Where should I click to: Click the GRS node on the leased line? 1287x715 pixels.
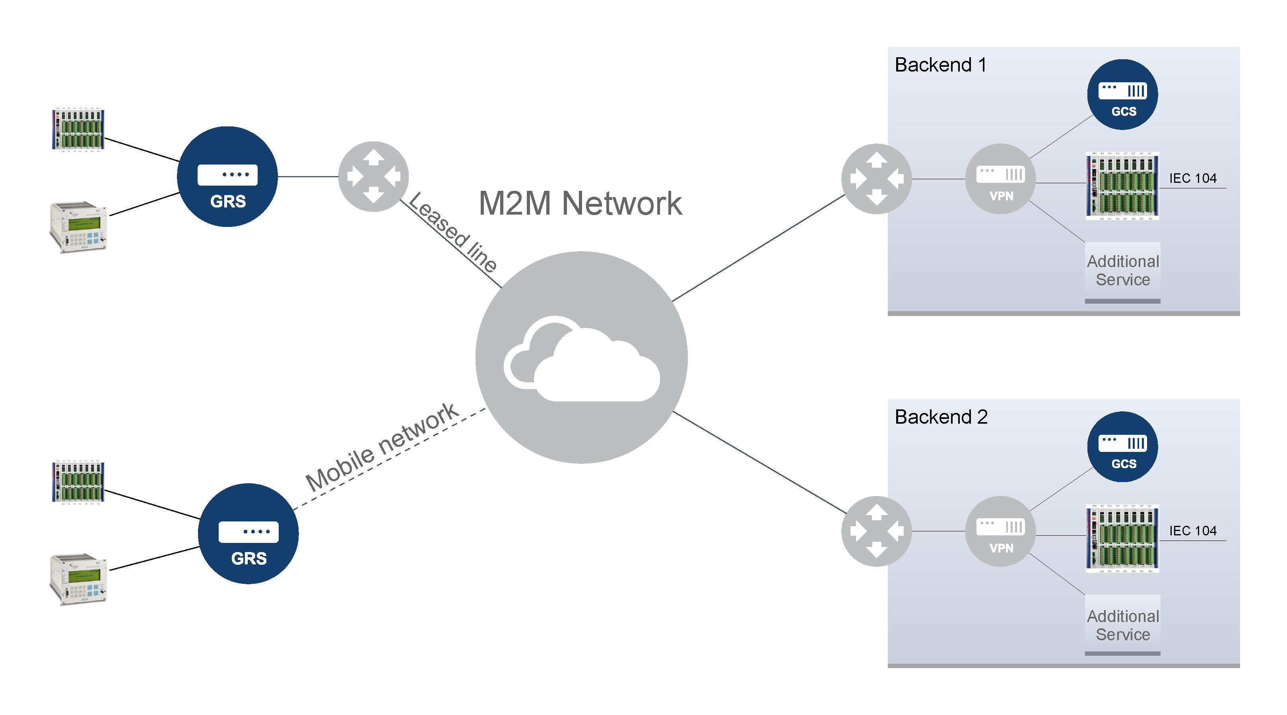[x=227, y=177]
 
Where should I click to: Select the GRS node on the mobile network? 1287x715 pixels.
[x=248, y=533]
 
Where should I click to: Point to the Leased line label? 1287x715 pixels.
[x=452, y=233]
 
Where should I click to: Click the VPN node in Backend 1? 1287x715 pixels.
[x=1000, y=179]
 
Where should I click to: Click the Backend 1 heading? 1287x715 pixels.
[x=940, y=65]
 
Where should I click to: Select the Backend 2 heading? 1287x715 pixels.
[x=941, y=417]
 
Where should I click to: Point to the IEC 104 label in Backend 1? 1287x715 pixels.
[x=1193, y=178]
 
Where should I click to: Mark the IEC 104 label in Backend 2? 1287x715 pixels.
[x=1193, y=530]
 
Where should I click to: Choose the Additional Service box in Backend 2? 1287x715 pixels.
[x=1123, y=625]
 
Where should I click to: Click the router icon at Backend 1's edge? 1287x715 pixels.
[x=876, y=179]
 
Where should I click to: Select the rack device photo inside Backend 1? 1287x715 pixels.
[x=1122, y=186]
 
